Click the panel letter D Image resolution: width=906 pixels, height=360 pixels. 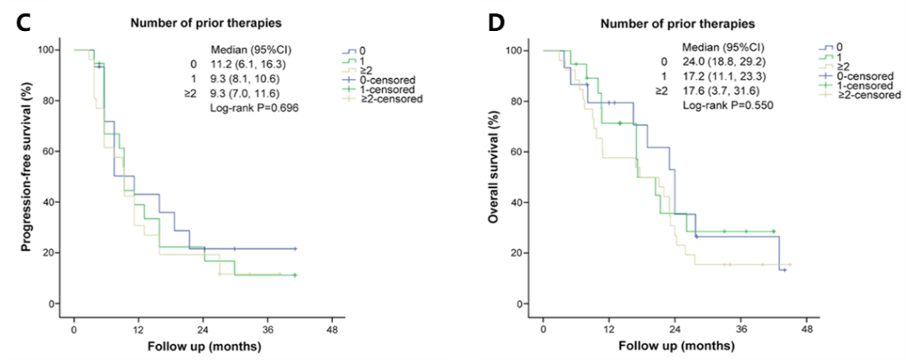click(497, 23)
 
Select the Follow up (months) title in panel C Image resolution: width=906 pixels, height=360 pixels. click(204, 346)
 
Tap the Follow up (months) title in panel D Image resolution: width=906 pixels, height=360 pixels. click(674, 346)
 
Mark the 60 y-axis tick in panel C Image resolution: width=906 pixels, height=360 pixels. click(52, 151)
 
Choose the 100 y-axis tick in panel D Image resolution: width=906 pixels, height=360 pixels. click(518, 50)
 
